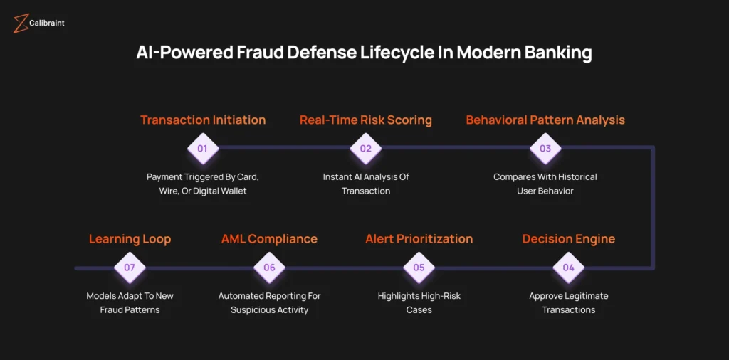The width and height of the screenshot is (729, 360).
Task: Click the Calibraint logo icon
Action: pos(21,23)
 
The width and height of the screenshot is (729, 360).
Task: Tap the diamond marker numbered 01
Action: pos(203,149)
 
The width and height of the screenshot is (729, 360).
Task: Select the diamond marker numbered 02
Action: pos(366,149)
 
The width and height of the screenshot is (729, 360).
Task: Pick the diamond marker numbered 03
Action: pos(545,149)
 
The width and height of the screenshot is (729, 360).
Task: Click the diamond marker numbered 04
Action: pos(569,268)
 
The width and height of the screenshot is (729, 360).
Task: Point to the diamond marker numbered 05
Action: pos(419,268)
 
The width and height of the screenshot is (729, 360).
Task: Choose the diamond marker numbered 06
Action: pos(269,268)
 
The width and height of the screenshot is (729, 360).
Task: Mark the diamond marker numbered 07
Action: pos(130,268)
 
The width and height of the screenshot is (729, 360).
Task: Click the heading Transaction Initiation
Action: pos(203,120)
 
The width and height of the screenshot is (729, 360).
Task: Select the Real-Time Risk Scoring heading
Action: pos(366,120)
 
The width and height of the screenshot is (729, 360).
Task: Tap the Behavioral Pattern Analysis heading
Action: pos(545,120)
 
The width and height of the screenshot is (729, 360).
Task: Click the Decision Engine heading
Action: pos(569,239)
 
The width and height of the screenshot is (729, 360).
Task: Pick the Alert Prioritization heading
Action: pos(419,239)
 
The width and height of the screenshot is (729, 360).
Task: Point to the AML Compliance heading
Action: pos(269,239)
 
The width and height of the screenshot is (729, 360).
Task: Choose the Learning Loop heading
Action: pos(130,239)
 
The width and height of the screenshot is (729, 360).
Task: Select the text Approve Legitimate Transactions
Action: pos(569,303)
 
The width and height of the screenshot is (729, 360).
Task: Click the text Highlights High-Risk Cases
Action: pos(419,303)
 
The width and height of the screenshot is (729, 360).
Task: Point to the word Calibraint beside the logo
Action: pos(47,23)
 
